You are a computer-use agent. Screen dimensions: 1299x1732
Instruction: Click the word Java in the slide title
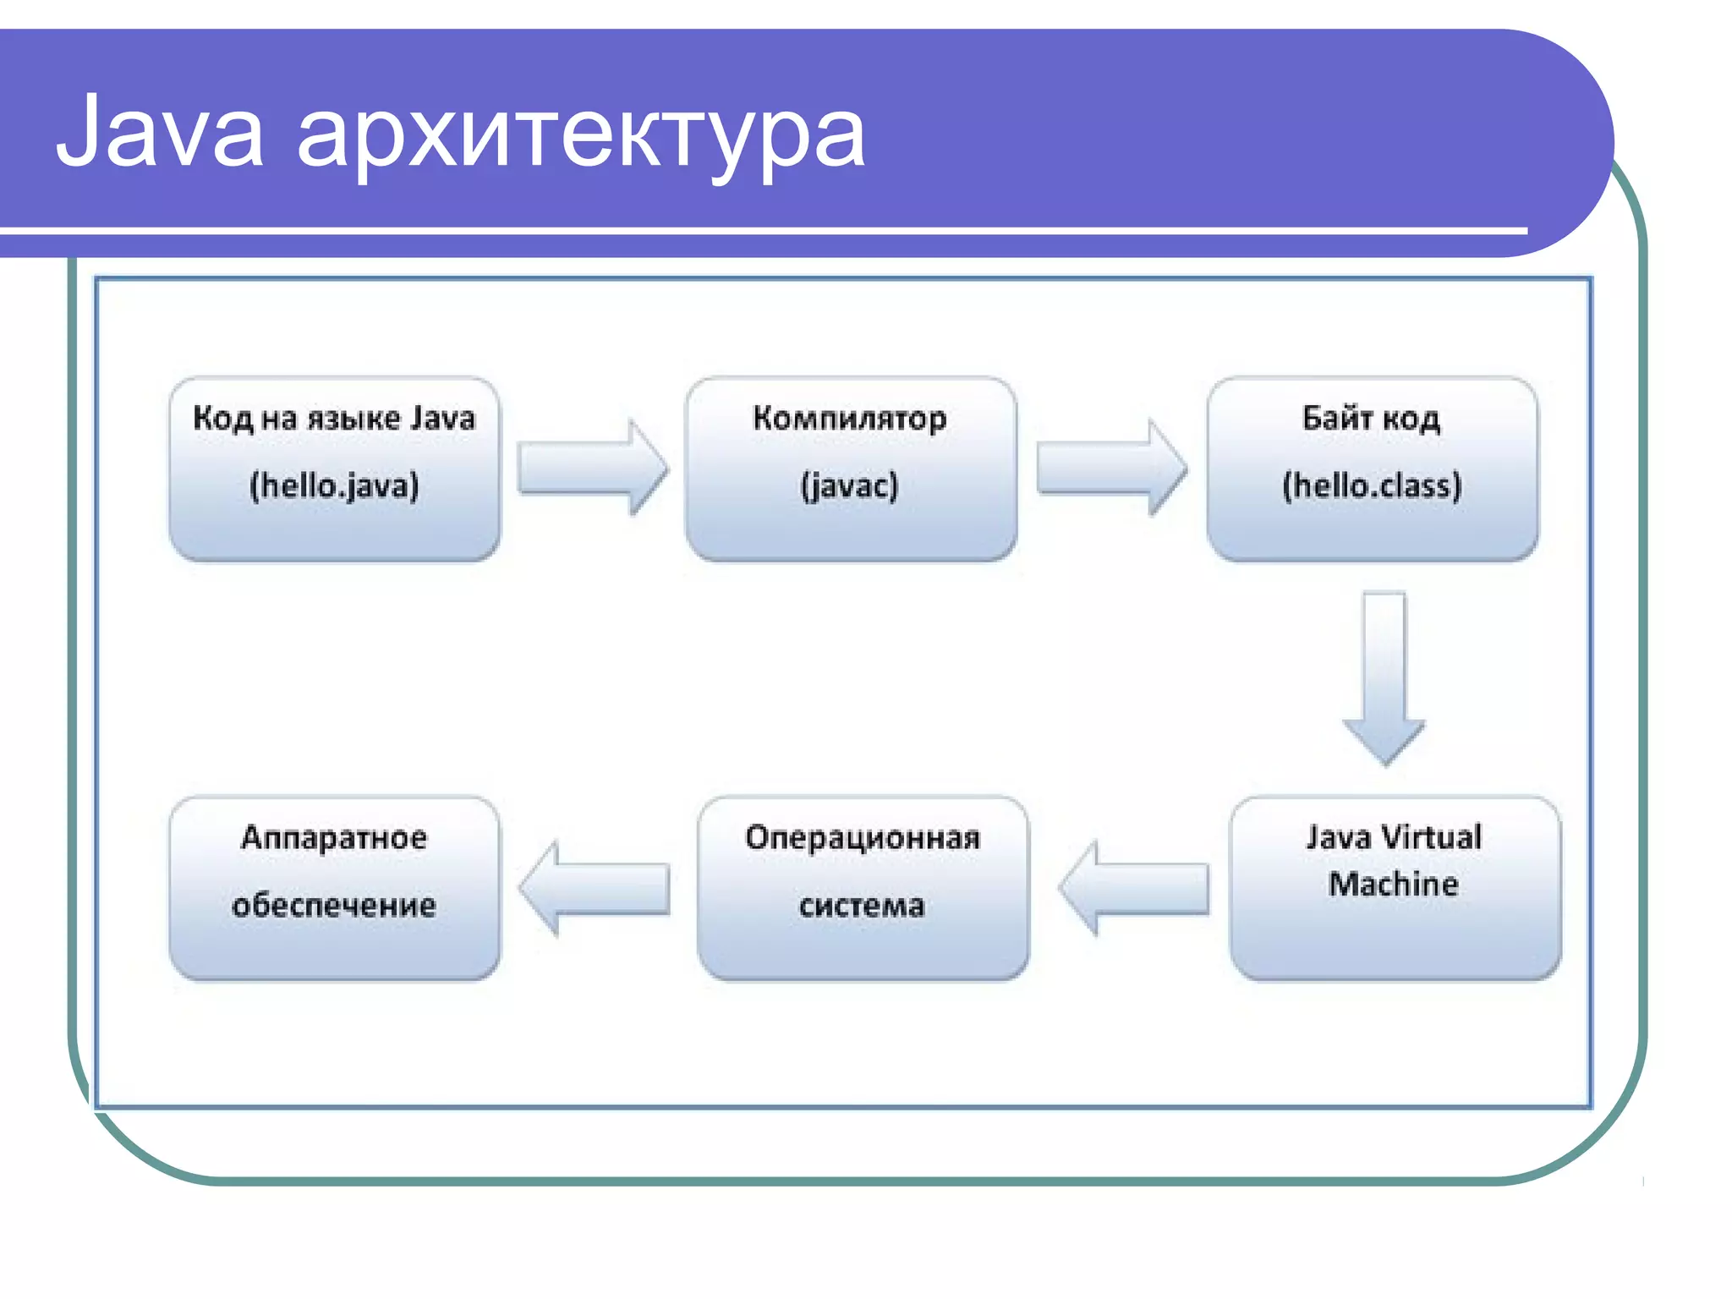160,133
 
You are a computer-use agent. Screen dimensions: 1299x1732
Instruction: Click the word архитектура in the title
581,135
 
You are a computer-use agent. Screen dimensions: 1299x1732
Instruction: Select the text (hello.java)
334,485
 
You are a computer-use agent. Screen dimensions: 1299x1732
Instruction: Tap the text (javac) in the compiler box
849,485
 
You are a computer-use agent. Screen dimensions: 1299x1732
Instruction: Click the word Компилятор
849,419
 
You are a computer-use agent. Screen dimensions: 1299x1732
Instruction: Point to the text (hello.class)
1372,485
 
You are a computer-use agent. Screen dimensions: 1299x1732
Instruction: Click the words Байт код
1371,418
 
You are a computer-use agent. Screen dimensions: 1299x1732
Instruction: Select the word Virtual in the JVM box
1431,837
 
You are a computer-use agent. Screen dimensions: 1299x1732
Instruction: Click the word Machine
1394,884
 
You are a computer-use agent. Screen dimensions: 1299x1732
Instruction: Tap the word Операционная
863,837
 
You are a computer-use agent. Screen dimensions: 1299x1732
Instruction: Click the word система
862,906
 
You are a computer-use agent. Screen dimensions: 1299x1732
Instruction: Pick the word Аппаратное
334,837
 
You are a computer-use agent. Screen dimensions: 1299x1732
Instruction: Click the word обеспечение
334,906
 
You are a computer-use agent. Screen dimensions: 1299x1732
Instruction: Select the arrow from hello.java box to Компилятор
592,468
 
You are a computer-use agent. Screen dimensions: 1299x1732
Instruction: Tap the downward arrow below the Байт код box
1384,677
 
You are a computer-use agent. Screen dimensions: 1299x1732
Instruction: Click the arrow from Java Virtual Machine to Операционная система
1133,888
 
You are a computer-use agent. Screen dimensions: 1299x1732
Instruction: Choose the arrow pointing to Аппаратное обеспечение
595,888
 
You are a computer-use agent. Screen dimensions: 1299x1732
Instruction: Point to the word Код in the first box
222,419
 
